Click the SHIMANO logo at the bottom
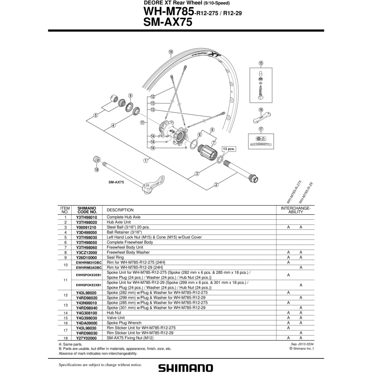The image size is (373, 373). [x=186, y=368]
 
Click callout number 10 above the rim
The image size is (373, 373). [x=170, y=52]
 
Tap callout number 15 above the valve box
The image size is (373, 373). [x=261, y=63]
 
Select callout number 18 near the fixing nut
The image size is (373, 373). [x=97, y=170]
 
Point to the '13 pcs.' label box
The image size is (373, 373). [x=229, y=149]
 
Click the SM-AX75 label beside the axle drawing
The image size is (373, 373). [x=116, y=182]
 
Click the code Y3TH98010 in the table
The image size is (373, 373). [x=87, y=217]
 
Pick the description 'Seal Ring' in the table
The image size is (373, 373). [x=115, y=257]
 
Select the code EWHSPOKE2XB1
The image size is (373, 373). [x=89, y=285]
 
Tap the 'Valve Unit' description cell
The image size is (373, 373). [x=116, y=318]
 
